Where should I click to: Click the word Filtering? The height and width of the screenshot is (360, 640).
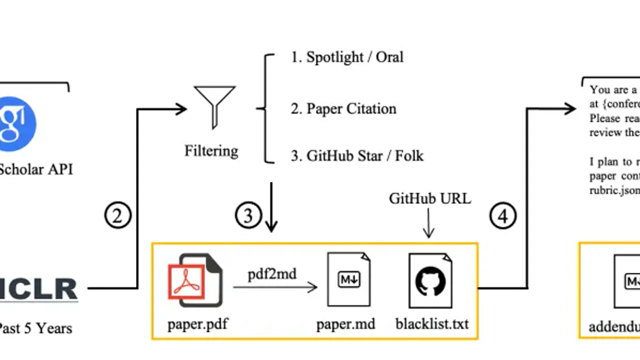[x=211, y=150]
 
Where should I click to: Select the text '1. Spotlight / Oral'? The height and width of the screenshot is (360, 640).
[x=347, y=57]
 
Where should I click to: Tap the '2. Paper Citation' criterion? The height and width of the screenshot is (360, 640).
[x=343, y=108]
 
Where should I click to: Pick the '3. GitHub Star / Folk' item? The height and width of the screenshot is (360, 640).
[x=357, y=156]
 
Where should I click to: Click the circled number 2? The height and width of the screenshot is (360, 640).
[x=117, y=215]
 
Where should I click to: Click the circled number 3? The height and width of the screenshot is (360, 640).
[x=248, y=215]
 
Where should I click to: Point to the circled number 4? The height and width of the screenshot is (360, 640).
[x=502, y=215]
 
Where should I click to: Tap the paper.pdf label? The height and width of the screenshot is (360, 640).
[x=197, y=324]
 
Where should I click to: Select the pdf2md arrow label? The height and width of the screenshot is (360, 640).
[x=272, y=274]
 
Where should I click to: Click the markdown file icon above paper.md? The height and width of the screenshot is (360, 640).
[x=348, y=279]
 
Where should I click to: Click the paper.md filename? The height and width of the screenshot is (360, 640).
[x=345, y=324]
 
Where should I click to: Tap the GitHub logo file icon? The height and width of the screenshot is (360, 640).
[x=430, y=280]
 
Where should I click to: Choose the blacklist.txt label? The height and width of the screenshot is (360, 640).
[x=432, y=324]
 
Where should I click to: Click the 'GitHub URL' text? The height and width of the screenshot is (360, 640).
[x=429, y=198]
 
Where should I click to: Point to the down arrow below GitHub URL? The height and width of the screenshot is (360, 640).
[x=428, y=223]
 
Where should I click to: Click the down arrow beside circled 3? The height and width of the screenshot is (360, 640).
[x=271, y=207]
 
